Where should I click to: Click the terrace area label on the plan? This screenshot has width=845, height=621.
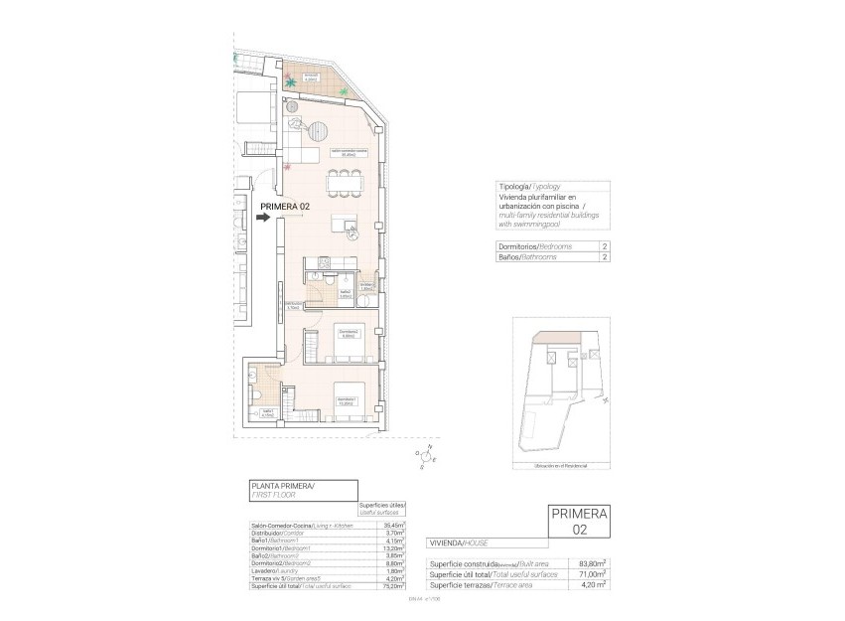pyautogui.click(x=311, y=78)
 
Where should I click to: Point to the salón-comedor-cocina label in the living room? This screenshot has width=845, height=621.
pyautogui.click(x=348, y=153)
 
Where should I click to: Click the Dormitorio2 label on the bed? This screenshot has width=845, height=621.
pyautogui.click(x=348, y=333)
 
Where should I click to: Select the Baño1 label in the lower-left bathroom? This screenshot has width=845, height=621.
pyautogui.click(x=268, y=413)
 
